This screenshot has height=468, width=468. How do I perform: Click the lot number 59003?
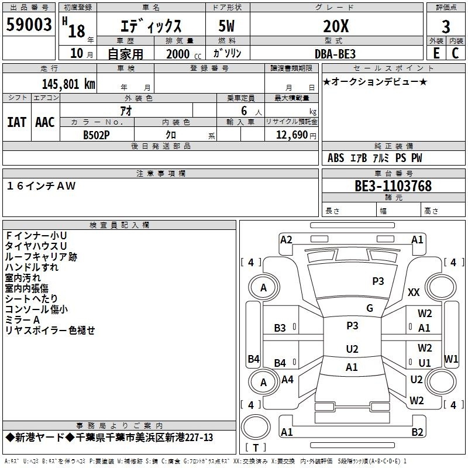[x=29, y=25]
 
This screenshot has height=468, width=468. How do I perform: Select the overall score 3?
[x=446, y=27]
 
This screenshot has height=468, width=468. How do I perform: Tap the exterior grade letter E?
[x=436, y=53]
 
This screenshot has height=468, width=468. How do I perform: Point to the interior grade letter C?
[x=455, y=53]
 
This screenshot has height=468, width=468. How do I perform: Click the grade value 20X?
[x=336, y=26]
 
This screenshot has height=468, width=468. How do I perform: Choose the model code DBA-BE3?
[x=335, y=54]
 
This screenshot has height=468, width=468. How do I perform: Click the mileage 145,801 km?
[x=68, y=84]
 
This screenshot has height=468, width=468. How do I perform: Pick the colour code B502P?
[x=96, y=135]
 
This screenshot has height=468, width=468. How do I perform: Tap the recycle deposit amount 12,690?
[x=291, y=135]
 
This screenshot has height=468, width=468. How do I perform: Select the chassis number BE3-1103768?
[x=393, y=186]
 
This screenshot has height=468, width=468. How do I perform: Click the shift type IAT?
[x=16, y=122]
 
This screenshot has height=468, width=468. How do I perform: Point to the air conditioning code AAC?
[x=45, y=122]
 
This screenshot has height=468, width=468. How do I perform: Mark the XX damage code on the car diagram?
[x=414, y=292]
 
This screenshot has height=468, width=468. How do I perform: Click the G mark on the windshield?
[x=370, y=308]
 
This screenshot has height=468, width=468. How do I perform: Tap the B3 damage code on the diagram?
[x=280, y=328]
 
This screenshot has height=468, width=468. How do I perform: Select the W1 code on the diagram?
[x=450, y=359]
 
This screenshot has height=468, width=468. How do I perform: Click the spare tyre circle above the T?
[x=256, y=427]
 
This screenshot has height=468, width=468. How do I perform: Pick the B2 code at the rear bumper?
[x=417, y=432]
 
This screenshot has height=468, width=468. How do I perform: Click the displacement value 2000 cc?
[x=184, y=54]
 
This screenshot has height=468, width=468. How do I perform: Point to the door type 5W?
[x=226, y=26]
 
